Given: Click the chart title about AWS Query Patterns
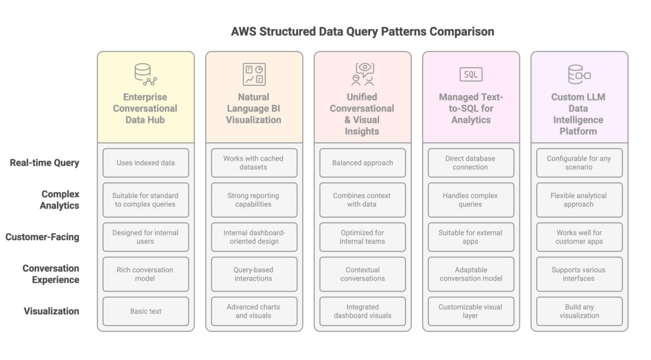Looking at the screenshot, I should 362,31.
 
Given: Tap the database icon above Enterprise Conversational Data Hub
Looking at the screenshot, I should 145,74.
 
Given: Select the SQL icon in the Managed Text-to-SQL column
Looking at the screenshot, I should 471,74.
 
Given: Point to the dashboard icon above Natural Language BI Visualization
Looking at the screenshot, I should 254,74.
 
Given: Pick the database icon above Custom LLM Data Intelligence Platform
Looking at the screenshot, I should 579,74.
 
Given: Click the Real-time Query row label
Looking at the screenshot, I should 45,163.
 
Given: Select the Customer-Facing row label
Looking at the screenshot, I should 42,237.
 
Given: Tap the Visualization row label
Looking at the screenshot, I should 51,311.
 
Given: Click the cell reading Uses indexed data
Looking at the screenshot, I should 146,163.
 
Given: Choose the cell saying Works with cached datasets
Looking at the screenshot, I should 254,163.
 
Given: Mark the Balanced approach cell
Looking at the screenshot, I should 363,163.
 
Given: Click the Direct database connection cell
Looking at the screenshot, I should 471,163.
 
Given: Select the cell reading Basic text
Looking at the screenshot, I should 146,311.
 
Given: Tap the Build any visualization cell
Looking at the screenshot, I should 579,311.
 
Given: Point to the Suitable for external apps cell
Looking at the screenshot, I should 471,237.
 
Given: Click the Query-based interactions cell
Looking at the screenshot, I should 254,274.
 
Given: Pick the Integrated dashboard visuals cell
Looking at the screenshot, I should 363,311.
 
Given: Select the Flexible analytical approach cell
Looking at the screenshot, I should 579,200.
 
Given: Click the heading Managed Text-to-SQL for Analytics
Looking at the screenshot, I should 471,109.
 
